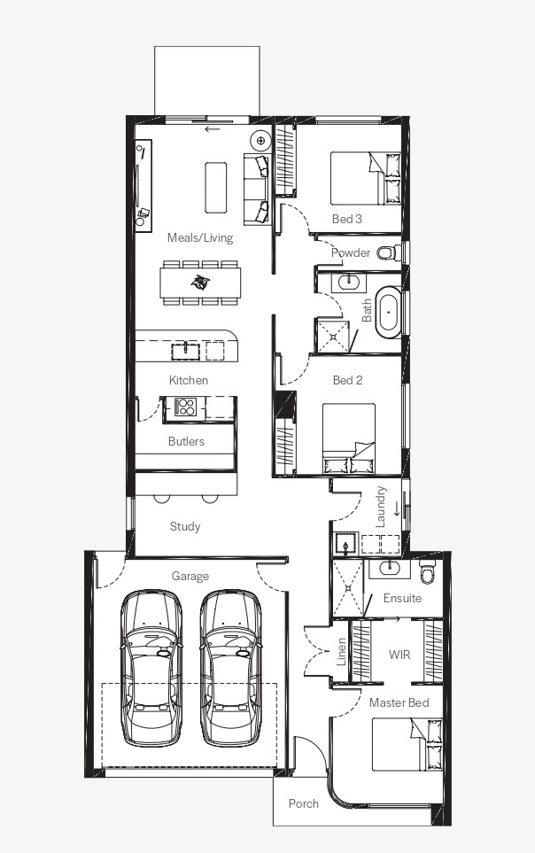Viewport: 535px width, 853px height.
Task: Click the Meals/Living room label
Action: click(200, 237)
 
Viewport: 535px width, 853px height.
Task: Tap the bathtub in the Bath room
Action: click(389, 313)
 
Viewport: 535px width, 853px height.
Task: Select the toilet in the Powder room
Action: click(389, 252)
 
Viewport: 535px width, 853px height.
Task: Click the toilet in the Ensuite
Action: click(428, 571)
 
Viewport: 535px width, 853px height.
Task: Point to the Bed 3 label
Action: click(346, 219)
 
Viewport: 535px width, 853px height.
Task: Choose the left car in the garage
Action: click(151, 668)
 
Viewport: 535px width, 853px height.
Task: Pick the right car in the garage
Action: click(231, 668)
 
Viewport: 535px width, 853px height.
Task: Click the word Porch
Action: click(303, 803)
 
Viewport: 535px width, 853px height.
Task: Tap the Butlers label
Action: click(186, 441)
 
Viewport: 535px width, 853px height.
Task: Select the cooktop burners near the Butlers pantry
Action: click(184, 407)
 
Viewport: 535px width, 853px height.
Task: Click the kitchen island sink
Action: click(186, 351)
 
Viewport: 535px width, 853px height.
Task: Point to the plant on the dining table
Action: click(200, 282)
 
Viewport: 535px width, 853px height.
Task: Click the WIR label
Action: click(399, 655)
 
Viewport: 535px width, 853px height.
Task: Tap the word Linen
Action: click(341, 652)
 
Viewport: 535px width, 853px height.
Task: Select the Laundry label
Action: click(380, 507)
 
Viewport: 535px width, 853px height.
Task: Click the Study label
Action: click(185, 526)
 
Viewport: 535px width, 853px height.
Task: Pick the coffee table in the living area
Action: click(215, 187)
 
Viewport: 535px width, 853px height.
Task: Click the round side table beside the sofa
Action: click(260, 141)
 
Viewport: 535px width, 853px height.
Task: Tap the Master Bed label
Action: click(399, 702)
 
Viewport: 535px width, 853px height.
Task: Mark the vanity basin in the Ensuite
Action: click(390, 569)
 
